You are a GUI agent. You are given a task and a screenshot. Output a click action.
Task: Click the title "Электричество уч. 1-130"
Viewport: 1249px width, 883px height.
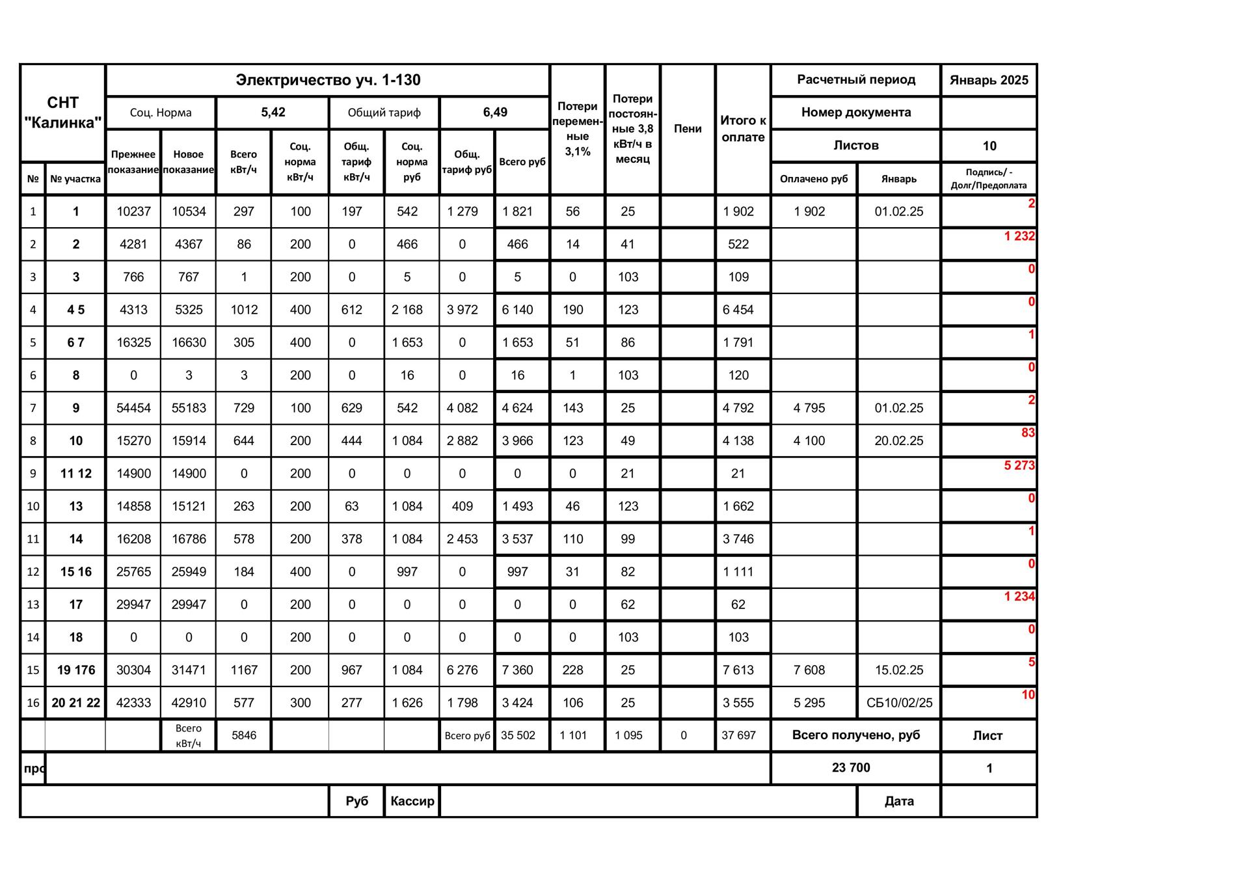pyautogui.click(x=328, y=80)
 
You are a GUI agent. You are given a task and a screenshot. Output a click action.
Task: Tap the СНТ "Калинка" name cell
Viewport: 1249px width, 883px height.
pyautogui.click(x=62, y=113)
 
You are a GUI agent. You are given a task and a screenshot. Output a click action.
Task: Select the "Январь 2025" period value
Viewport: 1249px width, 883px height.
pyautogui.click(x=988, y=80)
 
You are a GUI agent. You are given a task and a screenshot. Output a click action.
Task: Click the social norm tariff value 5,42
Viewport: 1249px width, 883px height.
pyautogui.click(x=273, y=112)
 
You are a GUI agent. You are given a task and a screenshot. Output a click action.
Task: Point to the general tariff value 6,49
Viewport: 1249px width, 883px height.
pyautogui.click(x=494, y=112)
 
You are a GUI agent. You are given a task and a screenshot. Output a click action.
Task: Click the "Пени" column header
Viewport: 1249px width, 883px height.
pyautogui.click(x=688, y=128)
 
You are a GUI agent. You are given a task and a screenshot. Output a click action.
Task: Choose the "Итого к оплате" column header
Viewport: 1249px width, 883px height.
pyautogui.click(x=743, y=128)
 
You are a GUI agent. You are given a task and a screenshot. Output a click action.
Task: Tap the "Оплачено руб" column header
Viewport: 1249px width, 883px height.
pyautogui.click(x=813, y=179)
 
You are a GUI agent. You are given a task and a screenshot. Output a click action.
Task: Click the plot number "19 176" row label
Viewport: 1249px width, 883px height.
pyautogui.click(x=75, y=670)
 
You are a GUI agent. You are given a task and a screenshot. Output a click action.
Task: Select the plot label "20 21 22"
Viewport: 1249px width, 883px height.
pyautogui.click(x=75, y=703)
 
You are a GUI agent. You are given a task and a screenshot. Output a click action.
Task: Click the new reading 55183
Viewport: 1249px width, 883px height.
pyautogui.click(x=189, y=408)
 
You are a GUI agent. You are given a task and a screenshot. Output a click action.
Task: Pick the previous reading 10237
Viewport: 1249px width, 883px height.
pyautogui.click(x=133, y=211)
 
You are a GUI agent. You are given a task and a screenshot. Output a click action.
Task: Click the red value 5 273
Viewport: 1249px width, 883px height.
pyautogui.click(x=1019, y=465)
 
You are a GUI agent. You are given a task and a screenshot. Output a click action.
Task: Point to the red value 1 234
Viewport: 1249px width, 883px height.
pyautogui.click(x=1019, y=596)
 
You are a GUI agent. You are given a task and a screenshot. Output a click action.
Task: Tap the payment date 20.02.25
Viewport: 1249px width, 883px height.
pyautogui.click(x=898, y=441)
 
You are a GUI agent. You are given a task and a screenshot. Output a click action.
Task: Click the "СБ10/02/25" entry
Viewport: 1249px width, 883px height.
pyautogui.click(x=899, y=703)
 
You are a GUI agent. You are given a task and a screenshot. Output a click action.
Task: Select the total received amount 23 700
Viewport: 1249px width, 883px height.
pyautogui.click(x=850, y=768)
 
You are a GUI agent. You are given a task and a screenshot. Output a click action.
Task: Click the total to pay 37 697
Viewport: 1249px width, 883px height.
pyautogui.click(x=738, y=735)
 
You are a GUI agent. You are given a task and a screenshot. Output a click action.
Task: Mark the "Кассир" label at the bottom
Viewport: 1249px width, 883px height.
pyautogui.click(x=412, y=801)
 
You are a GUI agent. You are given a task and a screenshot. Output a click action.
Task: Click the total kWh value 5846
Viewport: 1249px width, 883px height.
pyautogui.click(x=244, y=735)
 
